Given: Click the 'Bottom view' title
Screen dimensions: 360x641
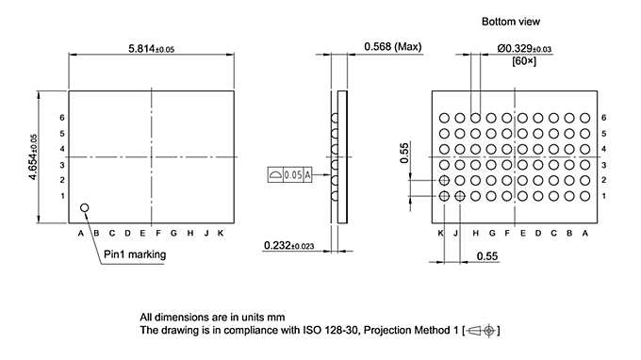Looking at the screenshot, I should [x=511, y=21].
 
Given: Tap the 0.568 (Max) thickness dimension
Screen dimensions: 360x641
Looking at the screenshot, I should [x=392, y=47].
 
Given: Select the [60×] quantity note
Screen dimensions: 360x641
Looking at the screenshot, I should [x=524, y=61].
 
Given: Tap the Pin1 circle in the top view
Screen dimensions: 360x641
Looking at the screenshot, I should [x=84, y=206].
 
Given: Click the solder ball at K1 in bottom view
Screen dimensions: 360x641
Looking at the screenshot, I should [x=444, y=196].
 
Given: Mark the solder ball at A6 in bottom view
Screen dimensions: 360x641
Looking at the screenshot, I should [x=584, y=118].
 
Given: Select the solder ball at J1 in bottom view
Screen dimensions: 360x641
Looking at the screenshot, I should [x=460, y=196].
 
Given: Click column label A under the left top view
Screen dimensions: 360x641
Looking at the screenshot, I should [x=81, y=233].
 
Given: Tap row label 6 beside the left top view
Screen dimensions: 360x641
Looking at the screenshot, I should [x=62, y=118].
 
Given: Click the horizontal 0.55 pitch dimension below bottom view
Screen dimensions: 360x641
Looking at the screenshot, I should [x=487, y=256].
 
